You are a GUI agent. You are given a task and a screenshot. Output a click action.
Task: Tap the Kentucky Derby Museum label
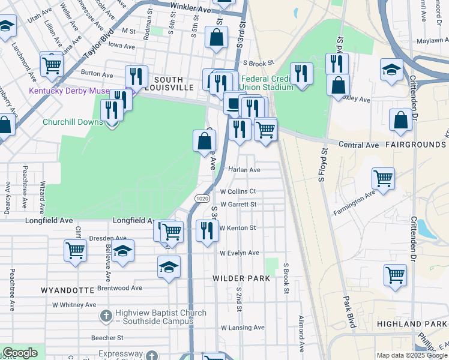pos(68,91)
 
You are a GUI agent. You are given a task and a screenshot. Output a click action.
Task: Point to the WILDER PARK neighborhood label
pos(241,279)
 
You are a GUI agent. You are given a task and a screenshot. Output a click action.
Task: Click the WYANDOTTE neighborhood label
pos(67,290)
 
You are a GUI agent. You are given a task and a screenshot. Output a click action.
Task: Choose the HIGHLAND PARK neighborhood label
pos(412,324)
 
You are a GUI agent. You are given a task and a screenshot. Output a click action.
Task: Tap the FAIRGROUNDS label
pos(415,145)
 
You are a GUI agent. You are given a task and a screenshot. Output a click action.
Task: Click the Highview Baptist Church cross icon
pos(106,315)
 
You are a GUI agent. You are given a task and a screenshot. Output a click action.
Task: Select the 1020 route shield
pos(202,197)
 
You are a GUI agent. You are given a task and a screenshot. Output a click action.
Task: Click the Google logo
pos(20,353)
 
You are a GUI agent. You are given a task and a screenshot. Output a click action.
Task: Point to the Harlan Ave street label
pos(244,170)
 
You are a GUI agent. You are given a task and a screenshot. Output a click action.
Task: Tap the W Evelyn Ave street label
pos(239,253)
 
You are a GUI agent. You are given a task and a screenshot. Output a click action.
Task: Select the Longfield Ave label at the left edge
pos(49,221)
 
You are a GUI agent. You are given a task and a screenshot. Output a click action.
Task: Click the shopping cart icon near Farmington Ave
pos(383,178)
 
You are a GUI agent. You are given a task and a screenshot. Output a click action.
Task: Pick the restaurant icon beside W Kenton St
pos(207,230)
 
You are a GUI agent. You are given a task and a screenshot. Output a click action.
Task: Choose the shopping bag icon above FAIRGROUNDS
pos(400,119)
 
